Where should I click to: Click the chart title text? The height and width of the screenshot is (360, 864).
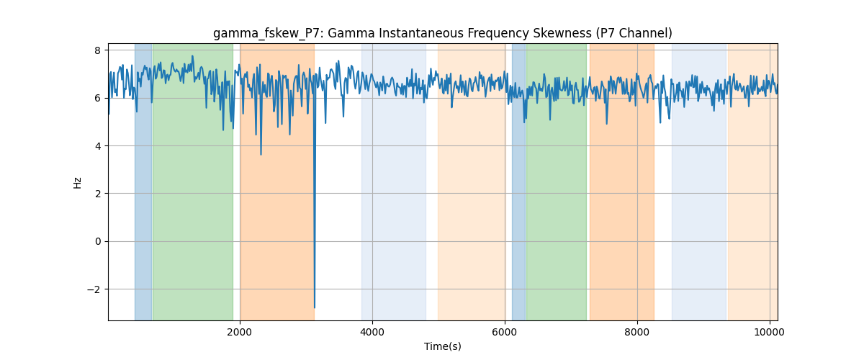click(x=442, y=34)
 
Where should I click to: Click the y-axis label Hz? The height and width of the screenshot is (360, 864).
click(x=77, y=183)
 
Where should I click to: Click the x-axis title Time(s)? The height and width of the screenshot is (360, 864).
click(x=442, y=346)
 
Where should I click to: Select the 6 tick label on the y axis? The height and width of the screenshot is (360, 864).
click(x=98, y=99)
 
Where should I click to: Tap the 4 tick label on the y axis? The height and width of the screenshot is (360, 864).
click(x=98, y=146)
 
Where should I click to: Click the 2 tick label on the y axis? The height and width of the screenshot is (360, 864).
click(x=98, y=194)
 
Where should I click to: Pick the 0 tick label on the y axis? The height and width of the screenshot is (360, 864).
click(x=98, y=241)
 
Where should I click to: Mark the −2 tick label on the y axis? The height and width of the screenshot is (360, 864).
click(x=94, y=289)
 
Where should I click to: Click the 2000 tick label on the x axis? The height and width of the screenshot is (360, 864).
click(x=240, y=332)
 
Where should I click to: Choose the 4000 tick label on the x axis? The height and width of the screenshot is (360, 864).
click(x=372, y=332)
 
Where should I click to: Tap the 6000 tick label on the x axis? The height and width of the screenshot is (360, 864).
click(x=505, y=332)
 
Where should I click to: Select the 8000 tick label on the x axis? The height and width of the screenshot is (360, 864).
click(x=637, y=332)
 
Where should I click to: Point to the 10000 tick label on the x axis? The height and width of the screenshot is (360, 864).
click(x=770, y=332)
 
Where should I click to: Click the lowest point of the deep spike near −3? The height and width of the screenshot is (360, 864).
click(x=315, y=307)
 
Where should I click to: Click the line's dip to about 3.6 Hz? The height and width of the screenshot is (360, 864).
click(x=261, y=154)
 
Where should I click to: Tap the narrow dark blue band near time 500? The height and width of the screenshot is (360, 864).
click(x=143, y=181)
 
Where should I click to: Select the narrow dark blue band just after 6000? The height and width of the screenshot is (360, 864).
click(x=519, y=181)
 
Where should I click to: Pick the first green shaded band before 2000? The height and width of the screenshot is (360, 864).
click(x=193, y=181)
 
